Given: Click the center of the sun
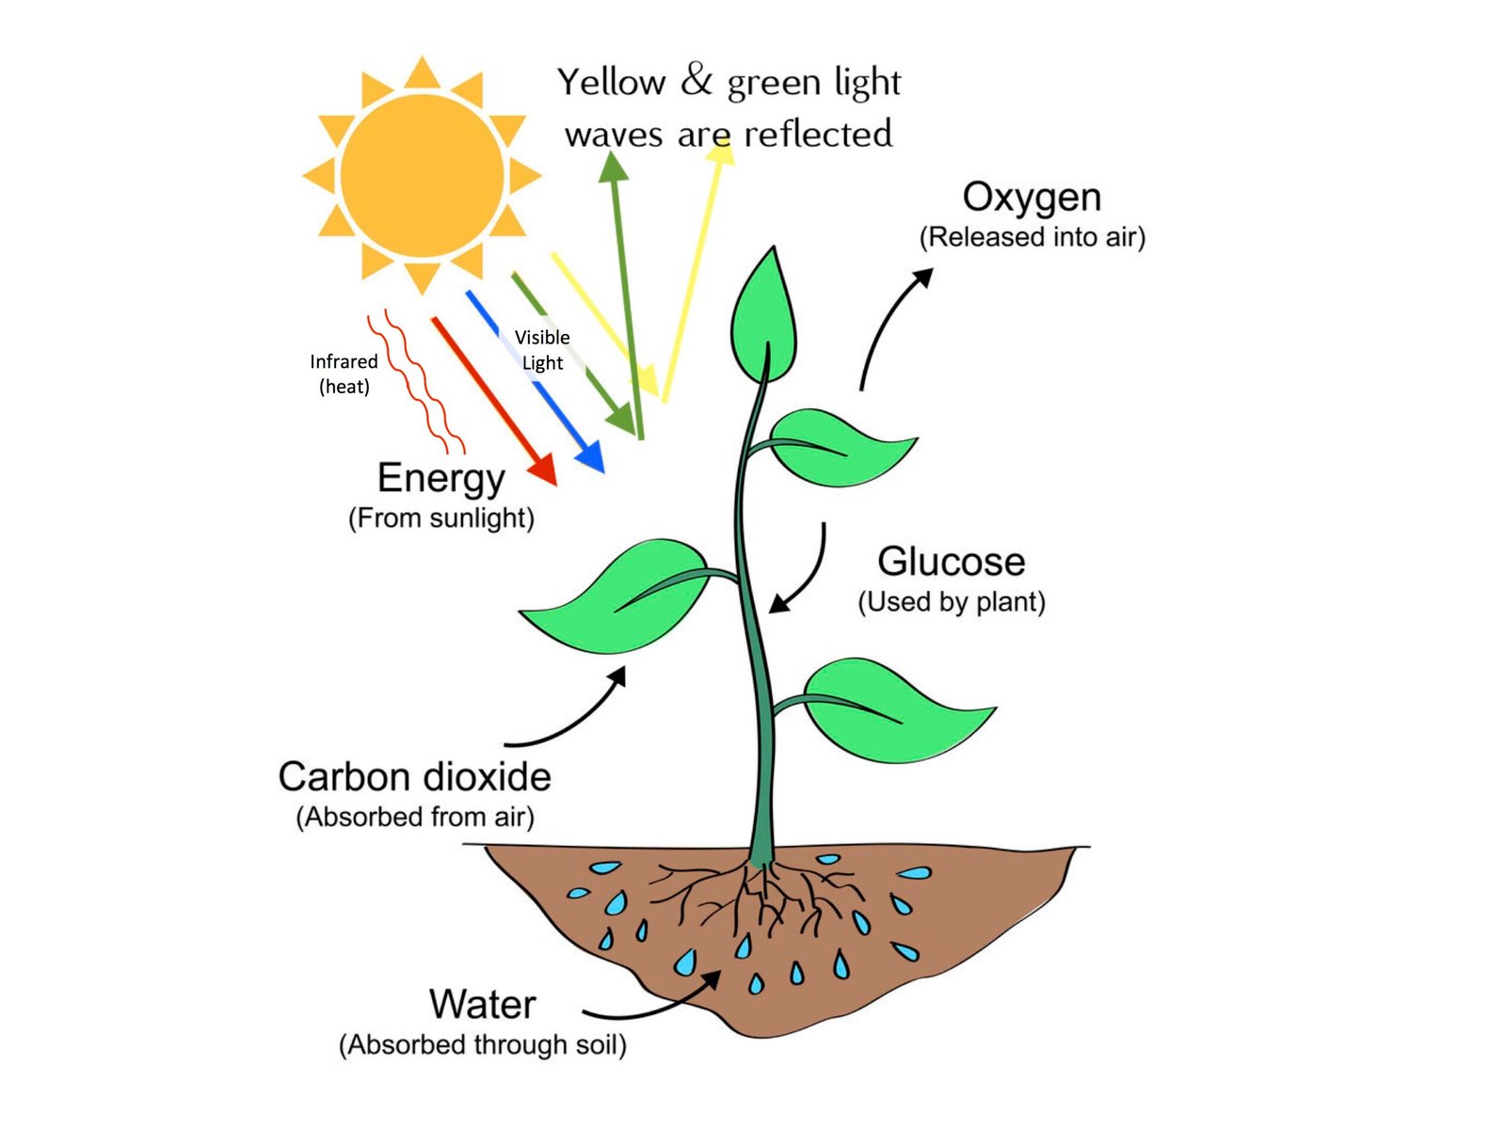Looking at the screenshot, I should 422,175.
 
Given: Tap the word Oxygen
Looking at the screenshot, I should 1032,198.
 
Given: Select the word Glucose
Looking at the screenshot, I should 951,562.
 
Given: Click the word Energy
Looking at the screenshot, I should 441,479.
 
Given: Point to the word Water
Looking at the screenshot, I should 482,1005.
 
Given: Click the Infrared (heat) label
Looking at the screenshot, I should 344,374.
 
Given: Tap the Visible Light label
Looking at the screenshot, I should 542,350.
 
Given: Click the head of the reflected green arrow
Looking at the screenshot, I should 614,167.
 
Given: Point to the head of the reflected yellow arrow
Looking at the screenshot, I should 722,150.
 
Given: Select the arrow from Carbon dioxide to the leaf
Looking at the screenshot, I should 574,715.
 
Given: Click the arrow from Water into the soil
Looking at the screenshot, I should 659,1002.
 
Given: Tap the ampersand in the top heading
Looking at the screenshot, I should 697,81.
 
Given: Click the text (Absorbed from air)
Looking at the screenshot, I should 415,817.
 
